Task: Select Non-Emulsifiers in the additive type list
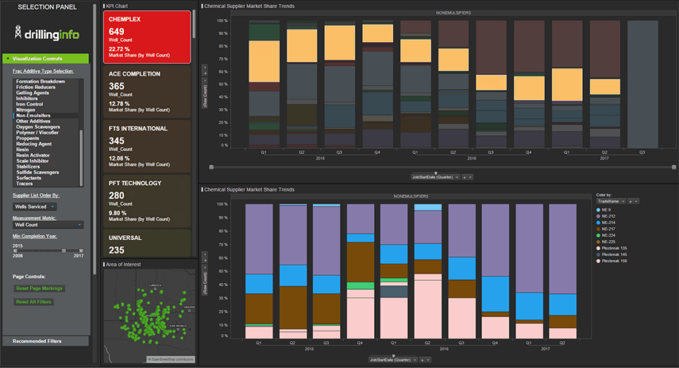pyautogui.click(x=33, y=115)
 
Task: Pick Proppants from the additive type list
pyautogui.click(x=28, y=138)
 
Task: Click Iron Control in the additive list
pyautogui.click(x=30, y=104)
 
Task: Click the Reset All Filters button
pyautogui.click(x=33, y=302)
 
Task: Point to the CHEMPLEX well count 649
pyautogui.click(x=117, y=32)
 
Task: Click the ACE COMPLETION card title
pyautogui.click(x=135, y=74)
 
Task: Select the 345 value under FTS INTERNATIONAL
pyautogui.click(x=117, y=141)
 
